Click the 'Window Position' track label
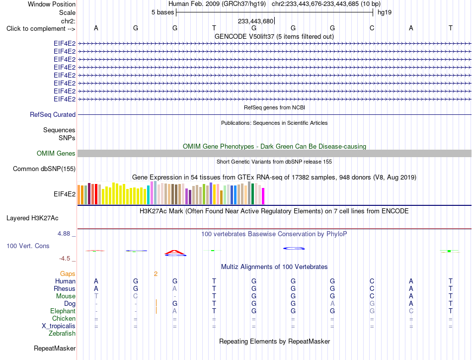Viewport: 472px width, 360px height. coord(52,4)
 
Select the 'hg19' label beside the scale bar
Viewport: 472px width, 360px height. coord(385,12)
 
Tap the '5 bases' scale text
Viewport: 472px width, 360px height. coord(162,12)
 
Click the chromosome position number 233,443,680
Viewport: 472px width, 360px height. coord(255,21)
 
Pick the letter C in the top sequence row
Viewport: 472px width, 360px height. coord(372,28)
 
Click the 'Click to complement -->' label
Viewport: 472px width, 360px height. coord(41,29)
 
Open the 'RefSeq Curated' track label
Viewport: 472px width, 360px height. coord(53,115)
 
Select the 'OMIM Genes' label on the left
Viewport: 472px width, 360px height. coord(56,153)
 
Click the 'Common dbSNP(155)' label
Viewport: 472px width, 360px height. coord(44,169)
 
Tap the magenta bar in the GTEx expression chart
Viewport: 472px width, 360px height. coord(263,196)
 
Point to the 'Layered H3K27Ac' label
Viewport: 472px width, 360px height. coord(32,218)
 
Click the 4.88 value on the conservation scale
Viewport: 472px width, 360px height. coord(64,234)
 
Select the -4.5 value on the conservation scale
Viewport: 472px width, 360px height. coord(65,259)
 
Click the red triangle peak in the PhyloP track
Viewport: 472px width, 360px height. coord(175,253)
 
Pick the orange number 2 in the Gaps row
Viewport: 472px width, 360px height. coord(156,274)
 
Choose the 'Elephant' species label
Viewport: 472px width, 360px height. coord(63,311)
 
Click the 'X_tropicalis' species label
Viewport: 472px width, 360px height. coord(59,326)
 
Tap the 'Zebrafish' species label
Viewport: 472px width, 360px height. coord(62,334)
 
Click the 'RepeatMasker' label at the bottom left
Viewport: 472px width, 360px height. coord(55,349)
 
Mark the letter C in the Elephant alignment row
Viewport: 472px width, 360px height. coord(411,311)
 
